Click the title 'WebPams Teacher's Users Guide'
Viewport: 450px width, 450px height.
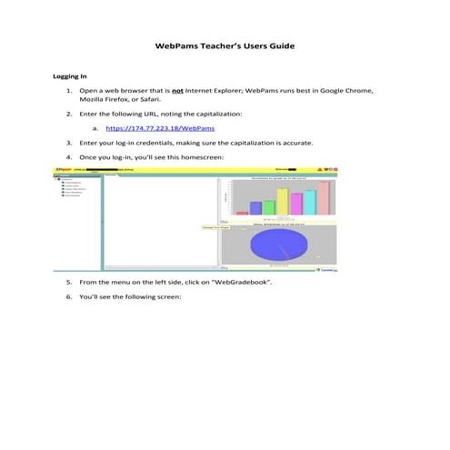point(225,45)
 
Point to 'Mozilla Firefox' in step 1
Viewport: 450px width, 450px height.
point(108,103)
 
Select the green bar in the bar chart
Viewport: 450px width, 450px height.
point(269,207)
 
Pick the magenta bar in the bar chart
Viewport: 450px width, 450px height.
point(295,204)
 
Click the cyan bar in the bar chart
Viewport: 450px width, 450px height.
point(309,202)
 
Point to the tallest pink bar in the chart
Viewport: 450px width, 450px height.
point(323,198)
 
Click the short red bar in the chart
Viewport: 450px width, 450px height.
point(242,213)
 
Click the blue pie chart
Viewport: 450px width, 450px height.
point(273,245)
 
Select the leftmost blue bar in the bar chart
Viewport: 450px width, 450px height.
point(255,208)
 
